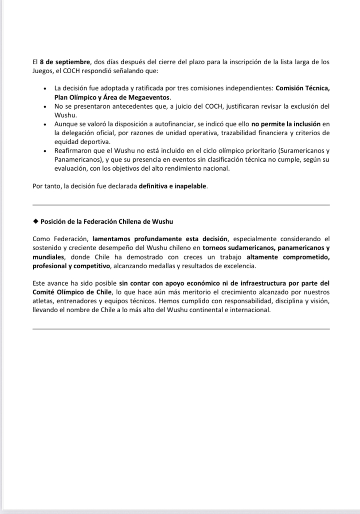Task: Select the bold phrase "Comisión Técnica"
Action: (303, 88)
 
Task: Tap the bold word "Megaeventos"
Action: (150, 97)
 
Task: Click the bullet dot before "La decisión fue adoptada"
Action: (45, 89)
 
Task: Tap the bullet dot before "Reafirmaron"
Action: (45, 151)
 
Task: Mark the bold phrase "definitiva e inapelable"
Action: (173, 186)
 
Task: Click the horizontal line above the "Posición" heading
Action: (181, 205)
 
